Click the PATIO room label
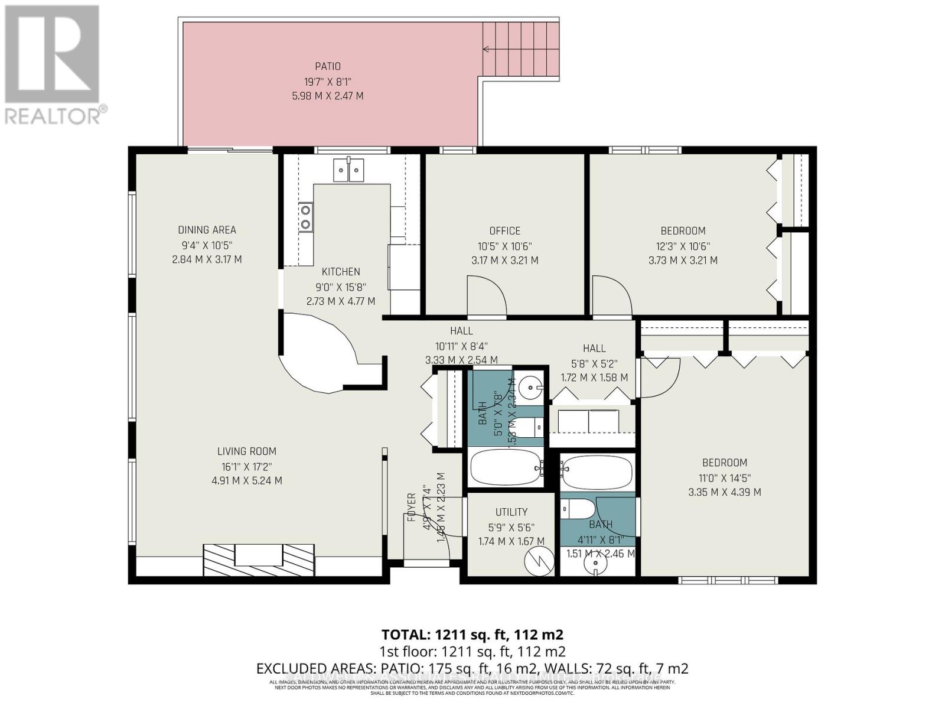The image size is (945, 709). tap(327, 67)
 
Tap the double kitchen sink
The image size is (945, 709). tap(348, 170)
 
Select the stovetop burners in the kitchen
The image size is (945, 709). tap(305, 217)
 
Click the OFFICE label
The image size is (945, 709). tap(504, 231)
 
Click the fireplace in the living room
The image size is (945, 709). tap(259, 558)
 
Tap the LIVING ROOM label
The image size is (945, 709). tap(246, 451)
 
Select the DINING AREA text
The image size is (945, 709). tap(207, 230)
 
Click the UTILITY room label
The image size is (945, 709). tap(511, 512)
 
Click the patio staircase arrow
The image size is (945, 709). tap(488, 48)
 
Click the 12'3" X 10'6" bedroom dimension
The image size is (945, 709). tap(683, 246)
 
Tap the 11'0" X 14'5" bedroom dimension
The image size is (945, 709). tap(724, 478)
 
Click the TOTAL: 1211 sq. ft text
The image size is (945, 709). tap(472, 635)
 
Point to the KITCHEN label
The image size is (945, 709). tap(341, 272)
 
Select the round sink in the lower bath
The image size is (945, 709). tap(595, 564)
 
